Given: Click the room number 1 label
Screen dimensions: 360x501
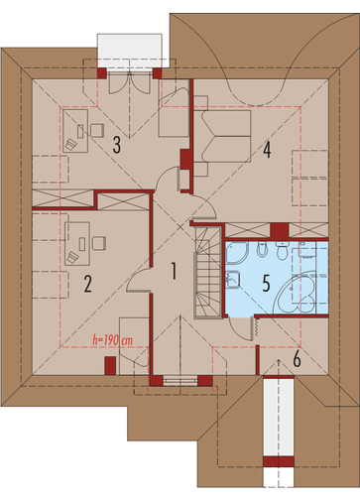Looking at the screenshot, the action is pyautogui.click(x=174, y=271).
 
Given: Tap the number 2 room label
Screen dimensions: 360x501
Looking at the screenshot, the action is pyautogui.click(x=87, y=284).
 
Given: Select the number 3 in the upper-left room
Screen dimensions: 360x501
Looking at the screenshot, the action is pyautogui.click(x=116, y=145).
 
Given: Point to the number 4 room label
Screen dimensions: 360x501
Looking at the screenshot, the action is pyautogui.click(x=267, y=150).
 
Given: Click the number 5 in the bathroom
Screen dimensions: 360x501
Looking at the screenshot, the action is pyautogui.click(x=266, y=283).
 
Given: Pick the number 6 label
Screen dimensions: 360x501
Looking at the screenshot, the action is pyautogui.click(x=297, y=359).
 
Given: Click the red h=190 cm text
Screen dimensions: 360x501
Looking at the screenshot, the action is pyautogui.click(x=113, y=340).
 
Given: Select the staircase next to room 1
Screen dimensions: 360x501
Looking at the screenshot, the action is pyautogui.click(x=207, y=273).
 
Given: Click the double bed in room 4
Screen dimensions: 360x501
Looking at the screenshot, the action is pyautogui.click(x=222, y=136).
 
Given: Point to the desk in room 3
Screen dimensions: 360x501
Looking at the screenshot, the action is pyautogui.click(x=75, y=131).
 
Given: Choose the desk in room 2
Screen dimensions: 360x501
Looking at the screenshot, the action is pyautogui.click(x=77, y=244).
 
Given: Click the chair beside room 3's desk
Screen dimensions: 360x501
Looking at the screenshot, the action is pyautogui.click(x=97, y=130).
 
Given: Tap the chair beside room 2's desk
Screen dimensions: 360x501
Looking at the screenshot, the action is pyautogui.click(x=99, y=243).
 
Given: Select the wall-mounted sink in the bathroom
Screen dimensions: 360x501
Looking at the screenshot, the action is pyautogui.click(x=233, y=280).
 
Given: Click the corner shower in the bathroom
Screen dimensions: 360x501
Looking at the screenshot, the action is pyautogui.click(x=237, y=253).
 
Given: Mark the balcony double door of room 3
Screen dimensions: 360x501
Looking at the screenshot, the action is pyautogui.click(x=130, y=82).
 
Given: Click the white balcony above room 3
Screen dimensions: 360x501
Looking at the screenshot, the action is pyautogui.click(x=130, y=51).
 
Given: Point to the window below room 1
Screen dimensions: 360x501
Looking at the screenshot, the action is pyautogui.click(x=180, y=381).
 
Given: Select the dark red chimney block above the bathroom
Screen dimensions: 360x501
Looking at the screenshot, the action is pyautogui.click(x=280, y=230).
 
